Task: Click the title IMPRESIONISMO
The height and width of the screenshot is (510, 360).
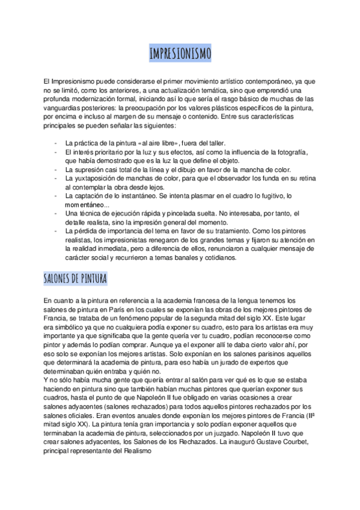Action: coord(180,55)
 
